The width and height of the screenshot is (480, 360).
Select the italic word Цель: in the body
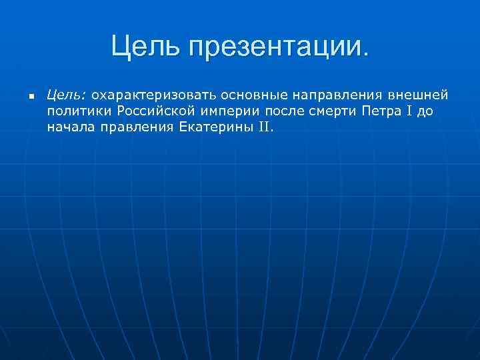click(64, 95)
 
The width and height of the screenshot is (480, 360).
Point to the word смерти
click(333, 110)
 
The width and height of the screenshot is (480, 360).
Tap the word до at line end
click(426, 110)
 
